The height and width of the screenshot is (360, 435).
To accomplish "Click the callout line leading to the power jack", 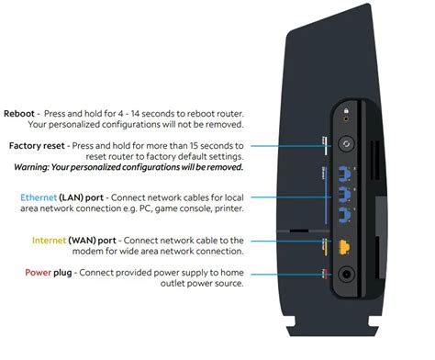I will (284, 273).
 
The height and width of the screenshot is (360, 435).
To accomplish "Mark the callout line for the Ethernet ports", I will (284, 196).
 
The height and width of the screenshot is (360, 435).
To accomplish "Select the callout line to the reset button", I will (284, 145).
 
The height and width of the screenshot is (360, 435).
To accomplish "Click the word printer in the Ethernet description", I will (226, 208).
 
